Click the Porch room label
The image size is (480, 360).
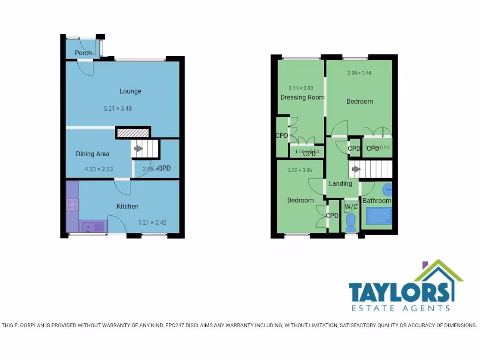83,53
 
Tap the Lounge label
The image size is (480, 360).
130,91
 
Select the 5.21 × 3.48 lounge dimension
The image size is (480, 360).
118,108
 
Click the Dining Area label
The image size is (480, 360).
93,154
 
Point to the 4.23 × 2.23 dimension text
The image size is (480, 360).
98,169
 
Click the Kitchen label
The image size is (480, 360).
127,206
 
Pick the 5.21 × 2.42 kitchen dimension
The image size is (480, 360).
153,223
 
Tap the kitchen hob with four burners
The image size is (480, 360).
73,204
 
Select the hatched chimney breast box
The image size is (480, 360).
133,133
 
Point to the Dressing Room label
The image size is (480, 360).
302,97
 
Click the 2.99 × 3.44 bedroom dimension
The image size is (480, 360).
360,73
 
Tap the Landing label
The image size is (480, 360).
340,184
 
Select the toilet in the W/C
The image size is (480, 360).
351,222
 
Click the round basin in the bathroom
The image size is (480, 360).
387,190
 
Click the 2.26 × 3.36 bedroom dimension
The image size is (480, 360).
300,170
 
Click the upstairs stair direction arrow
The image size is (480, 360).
356,169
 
